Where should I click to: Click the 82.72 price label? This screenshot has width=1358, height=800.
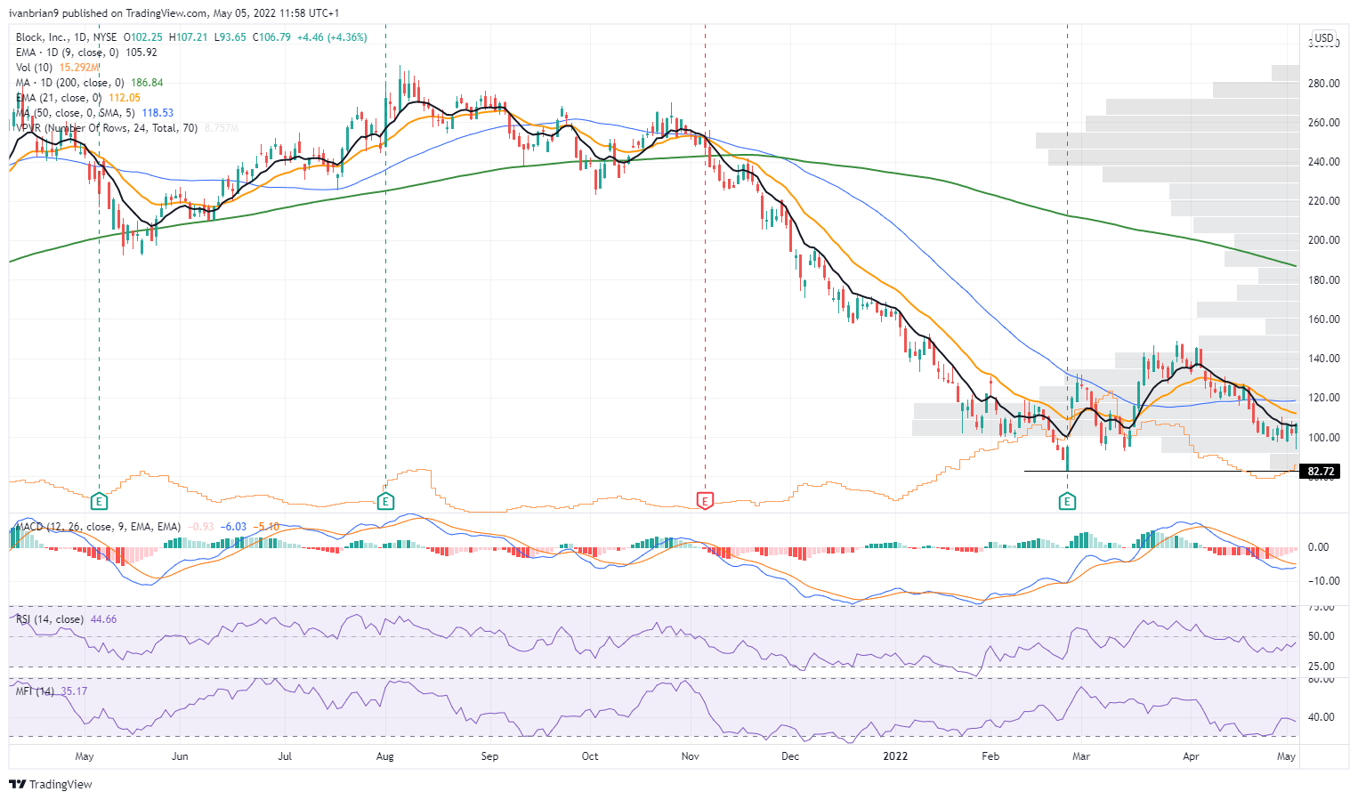(1322, 472)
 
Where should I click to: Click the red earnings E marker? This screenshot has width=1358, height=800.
(705, 502)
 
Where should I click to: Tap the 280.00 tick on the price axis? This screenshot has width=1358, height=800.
(1324, 84)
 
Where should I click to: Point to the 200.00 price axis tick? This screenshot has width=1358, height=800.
(1324, 240)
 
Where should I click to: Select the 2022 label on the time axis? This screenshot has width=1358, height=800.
(895, 756)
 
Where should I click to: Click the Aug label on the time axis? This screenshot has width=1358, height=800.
(385, 756)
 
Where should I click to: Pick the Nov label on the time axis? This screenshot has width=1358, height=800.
(690, 756)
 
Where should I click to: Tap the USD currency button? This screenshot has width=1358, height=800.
(1324, 37)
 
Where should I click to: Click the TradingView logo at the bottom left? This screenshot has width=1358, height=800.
(51, 784)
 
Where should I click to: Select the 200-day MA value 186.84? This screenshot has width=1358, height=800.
(147, 83)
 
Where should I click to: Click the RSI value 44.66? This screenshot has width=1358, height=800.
(103, 619)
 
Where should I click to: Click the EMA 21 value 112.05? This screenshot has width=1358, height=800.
(125, 98)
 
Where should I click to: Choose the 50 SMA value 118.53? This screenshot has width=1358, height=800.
(158, 113)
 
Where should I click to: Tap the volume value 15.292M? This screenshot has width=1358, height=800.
(79, 68)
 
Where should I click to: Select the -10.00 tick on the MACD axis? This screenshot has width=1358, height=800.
(1322, 581)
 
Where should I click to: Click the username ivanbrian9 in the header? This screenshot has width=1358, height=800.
(34, 13)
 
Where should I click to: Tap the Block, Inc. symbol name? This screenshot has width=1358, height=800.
(42, 37)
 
